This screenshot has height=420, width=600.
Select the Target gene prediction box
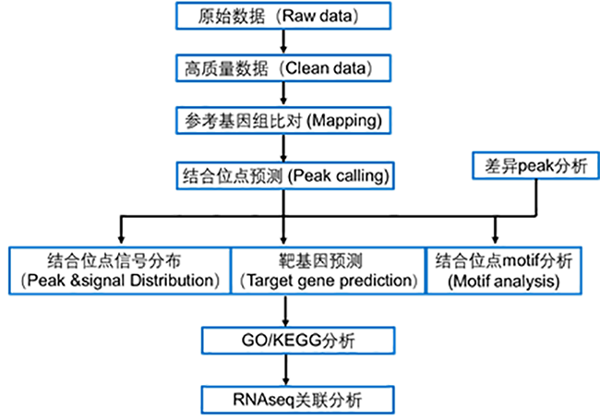326,270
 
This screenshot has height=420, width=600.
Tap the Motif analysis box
498,270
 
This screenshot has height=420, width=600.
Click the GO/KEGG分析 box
290,342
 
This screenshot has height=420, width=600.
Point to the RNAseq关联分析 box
290,400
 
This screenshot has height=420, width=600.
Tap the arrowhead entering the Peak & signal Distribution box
118,238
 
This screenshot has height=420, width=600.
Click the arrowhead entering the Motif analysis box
497,238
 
